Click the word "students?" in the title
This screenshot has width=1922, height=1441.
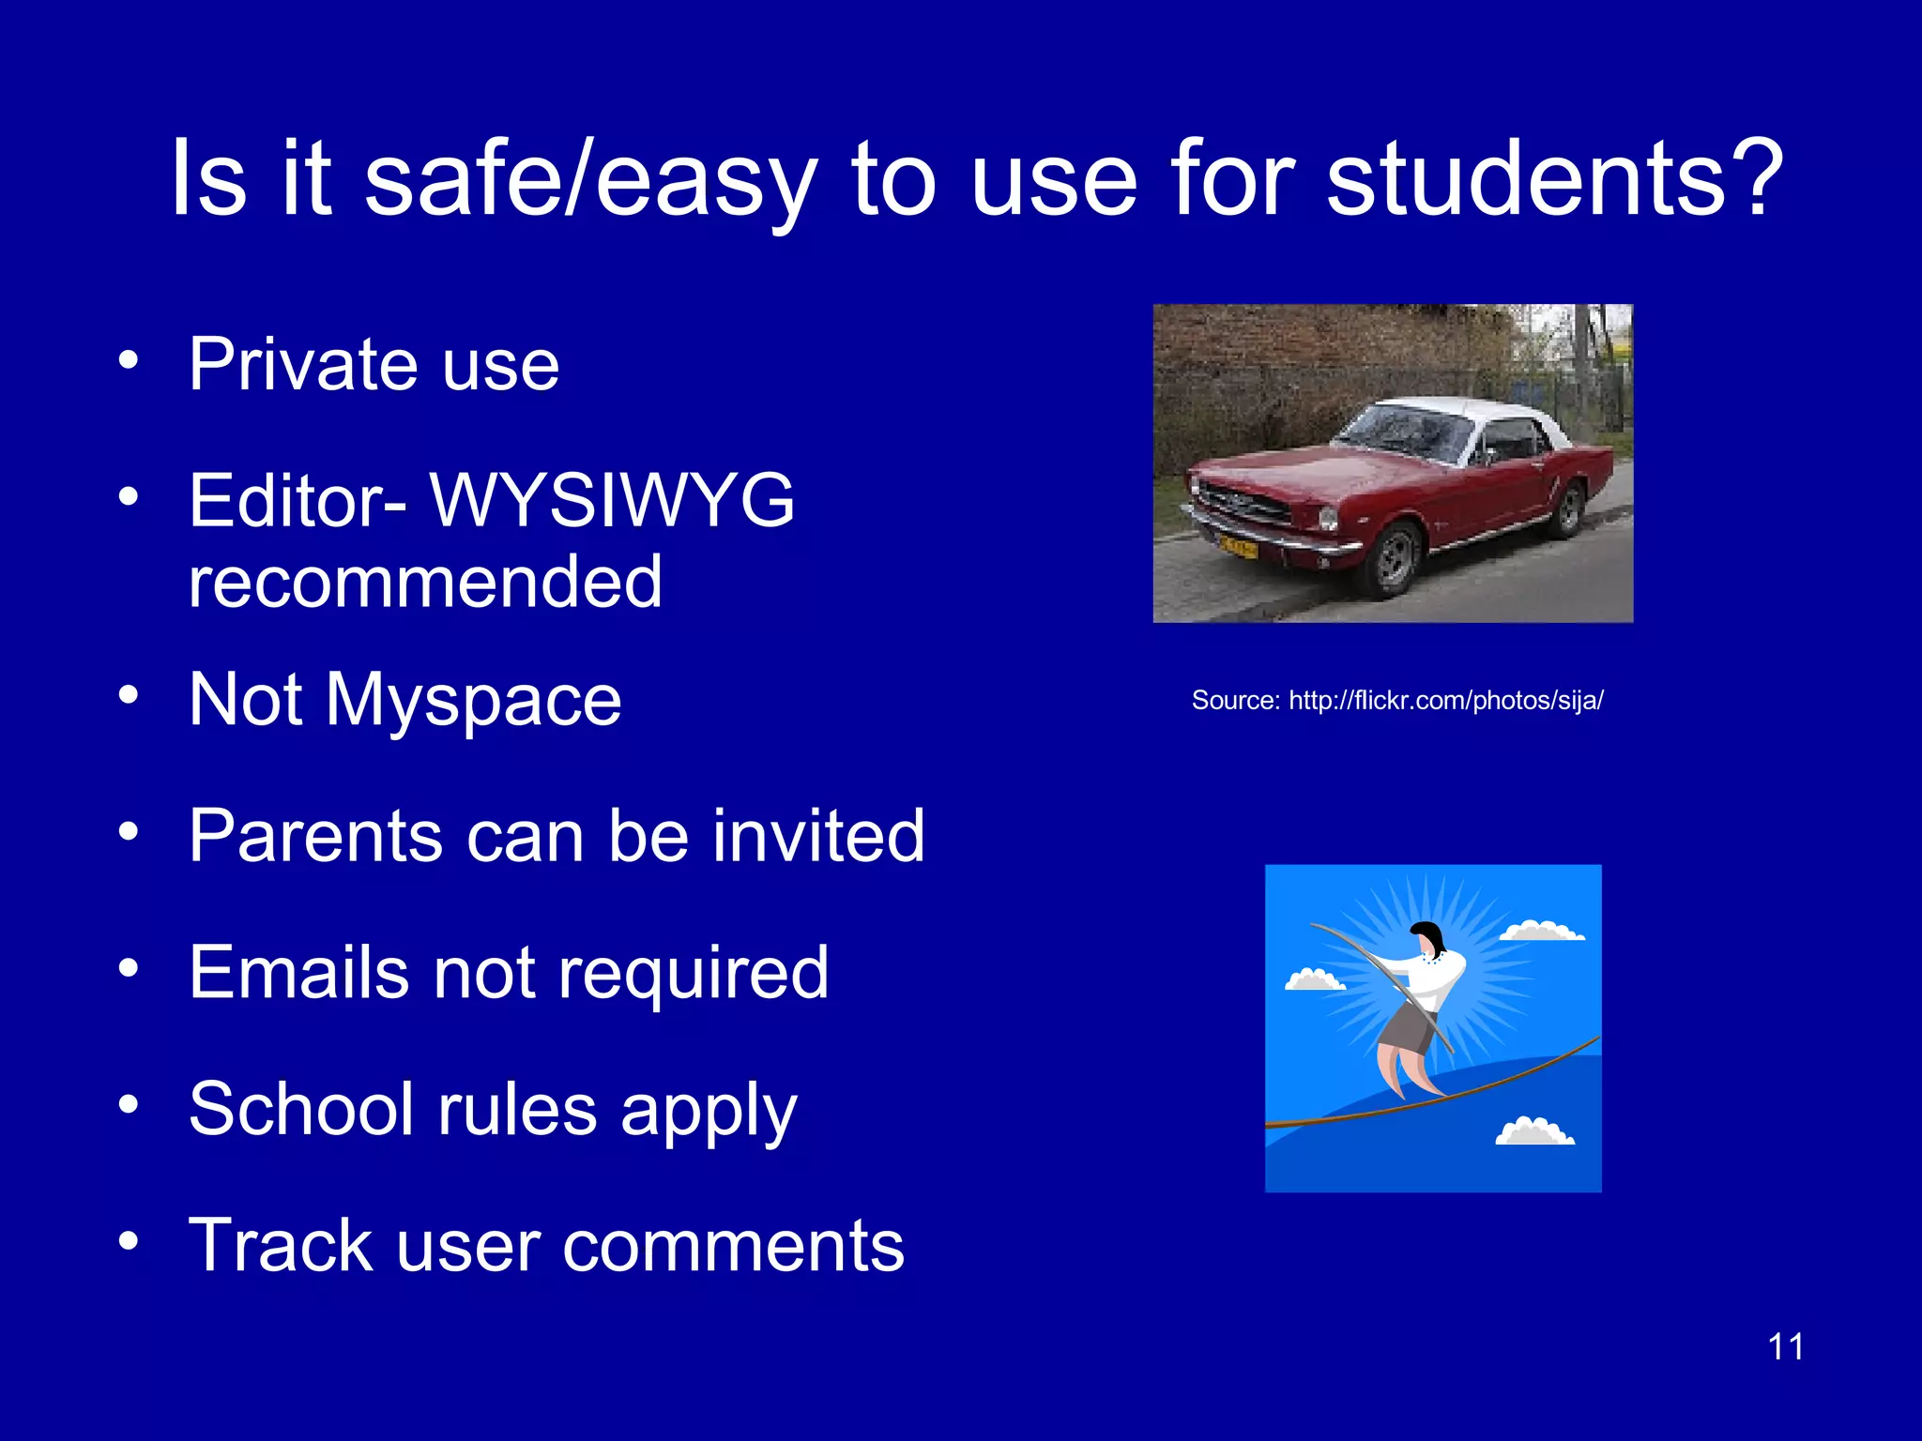pos(1554,178)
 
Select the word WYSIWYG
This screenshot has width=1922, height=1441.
pos(612,500)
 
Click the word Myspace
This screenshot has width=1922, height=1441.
pos(473,701)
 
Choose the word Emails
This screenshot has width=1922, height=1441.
pos(299,972)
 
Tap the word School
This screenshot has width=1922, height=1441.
pos(301,1109)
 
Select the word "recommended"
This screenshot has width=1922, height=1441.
pos(425,582)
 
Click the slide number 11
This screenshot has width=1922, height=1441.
pos(1785,1347)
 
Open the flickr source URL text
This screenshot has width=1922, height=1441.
pos(1397,700)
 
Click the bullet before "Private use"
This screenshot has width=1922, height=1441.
pos(129,359)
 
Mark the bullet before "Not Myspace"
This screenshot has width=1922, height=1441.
pos(129,695)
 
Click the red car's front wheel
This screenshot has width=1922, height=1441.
pos(1396,560)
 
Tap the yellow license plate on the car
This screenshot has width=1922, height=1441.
pos(1238,545)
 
